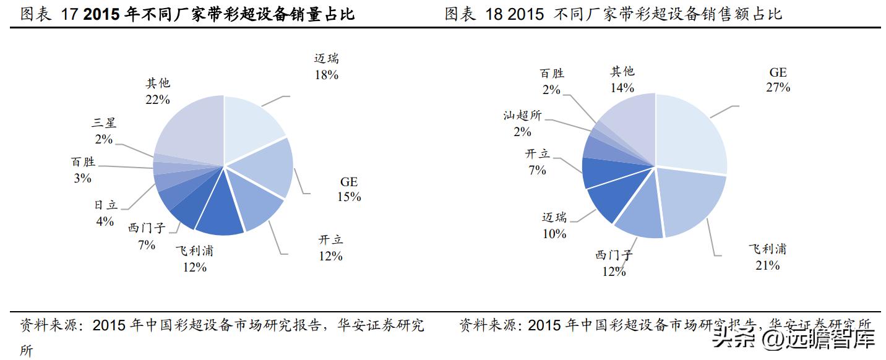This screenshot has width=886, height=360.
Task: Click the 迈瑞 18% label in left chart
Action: pos(326,67)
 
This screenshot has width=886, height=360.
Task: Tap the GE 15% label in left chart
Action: pos(349,189)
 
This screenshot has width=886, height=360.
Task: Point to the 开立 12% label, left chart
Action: pos(330,247)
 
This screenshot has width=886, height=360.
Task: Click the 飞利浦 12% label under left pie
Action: pos(195,259)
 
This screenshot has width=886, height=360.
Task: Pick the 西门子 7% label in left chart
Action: pos(147,236)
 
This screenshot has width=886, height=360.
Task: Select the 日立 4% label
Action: pos(105,213)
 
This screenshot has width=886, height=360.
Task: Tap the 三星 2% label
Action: pos(103,131)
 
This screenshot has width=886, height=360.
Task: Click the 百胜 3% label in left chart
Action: pos(83,170)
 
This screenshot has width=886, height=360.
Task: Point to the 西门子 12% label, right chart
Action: pos(614,263)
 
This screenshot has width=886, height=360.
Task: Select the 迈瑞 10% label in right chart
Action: pos(554,225)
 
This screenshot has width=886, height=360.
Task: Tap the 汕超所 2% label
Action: pos(522,123)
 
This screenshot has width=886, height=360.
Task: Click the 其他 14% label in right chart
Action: pos(622,79)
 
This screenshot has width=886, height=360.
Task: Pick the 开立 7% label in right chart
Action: pos(537,161)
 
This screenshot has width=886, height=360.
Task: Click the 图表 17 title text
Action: pos(187,14)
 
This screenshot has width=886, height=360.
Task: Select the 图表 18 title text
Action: pos(613,14)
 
